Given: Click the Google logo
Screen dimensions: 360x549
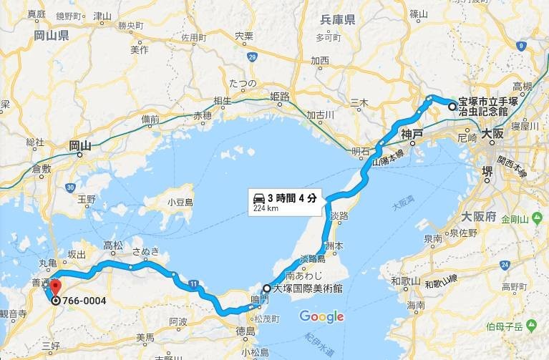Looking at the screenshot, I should point(321,316).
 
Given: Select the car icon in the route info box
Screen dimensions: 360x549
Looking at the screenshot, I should point(258,198).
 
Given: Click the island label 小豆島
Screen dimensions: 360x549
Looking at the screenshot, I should point(180,203).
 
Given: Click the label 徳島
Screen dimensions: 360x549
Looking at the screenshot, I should point(246,331).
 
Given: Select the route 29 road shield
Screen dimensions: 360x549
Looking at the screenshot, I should point(252,56).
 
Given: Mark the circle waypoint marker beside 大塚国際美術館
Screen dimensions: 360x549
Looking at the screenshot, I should point(266,289).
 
